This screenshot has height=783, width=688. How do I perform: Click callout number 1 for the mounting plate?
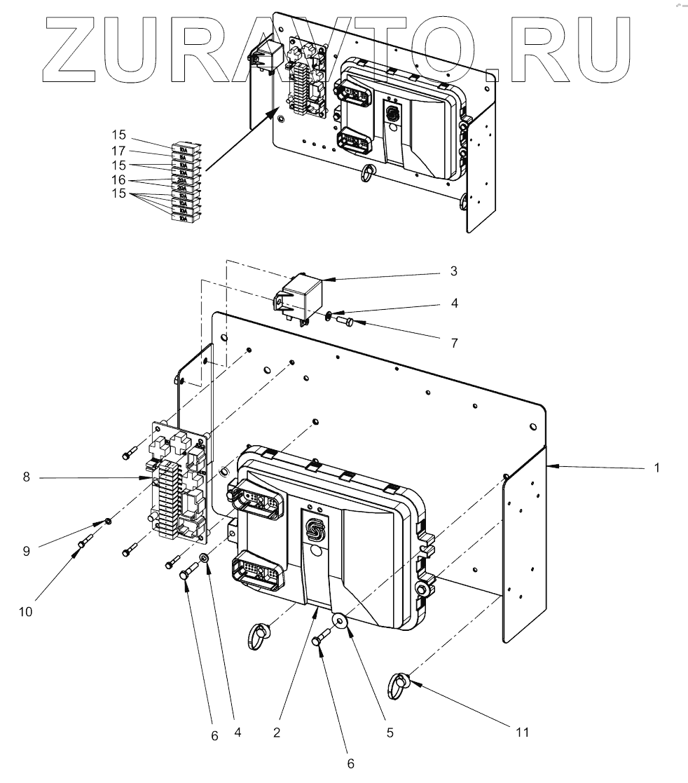[x=656, y=468]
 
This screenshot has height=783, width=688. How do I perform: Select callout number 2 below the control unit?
[x=277, y=733]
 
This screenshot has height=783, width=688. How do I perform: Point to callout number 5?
[x=390, y=733]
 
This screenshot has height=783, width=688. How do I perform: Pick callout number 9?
[x=26, y=551]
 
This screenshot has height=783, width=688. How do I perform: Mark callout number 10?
[x=26, y=611]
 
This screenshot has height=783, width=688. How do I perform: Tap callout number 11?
[x=521, y=733]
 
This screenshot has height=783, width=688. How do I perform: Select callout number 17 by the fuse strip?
[x=118, y=151]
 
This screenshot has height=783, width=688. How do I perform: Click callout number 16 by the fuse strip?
[x=118, y=179]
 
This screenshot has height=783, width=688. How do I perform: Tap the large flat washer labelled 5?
[x=341, y=622]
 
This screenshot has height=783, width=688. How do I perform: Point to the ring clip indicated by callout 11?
[x=399, y=682]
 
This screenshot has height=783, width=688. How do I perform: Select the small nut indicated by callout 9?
[x=108, y=522]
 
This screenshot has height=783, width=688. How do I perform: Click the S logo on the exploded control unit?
[x=317, y=530]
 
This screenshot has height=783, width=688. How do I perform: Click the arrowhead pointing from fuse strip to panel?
[x=275, y=113]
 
